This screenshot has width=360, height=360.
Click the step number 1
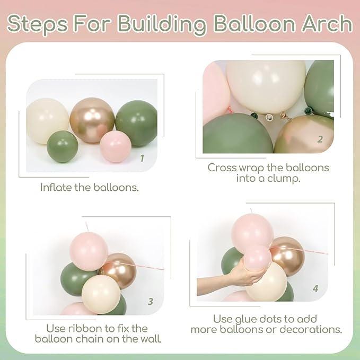pos(142,158)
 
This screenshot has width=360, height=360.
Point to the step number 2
pos(320,139)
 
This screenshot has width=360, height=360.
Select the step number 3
pos(151,301)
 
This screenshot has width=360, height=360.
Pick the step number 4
pos(315,289)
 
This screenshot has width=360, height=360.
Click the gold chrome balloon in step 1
pos(92,120)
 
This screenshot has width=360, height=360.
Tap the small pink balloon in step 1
pos(116,146)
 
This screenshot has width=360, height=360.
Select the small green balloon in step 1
pos(63,146)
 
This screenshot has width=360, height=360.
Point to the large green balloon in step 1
pos(136,123)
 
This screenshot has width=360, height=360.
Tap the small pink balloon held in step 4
pos(257,258)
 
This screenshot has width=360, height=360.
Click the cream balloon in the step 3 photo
pos(101,293)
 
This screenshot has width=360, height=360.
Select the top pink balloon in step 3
pos(89,251)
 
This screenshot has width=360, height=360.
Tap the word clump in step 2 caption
pos(286,179)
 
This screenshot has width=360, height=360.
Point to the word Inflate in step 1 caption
pos(56,187)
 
